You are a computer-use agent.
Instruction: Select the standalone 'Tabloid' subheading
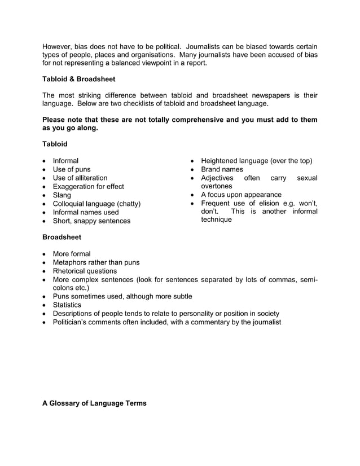click(55, 144)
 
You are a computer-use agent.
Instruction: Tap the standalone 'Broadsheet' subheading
click(62, 237)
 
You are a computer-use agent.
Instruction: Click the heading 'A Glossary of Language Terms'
click(94, 403)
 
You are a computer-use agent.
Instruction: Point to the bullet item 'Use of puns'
click(72, 169)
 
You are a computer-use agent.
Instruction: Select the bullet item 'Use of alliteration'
click(80, 178)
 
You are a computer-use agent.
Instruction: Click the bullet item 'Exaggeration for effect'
click(88, 187)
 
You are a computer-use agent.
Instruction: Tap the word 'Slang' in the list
click(62, 195)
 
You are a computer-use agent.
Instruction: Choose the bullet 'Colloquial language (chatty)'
click(96, 204)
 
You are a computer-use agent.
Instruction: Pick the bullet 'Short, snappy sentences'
click(91, 221)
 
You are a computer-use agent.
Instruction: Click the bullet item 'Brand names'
click(222, 169)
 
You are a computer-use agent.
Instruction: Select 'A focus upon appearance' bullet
click(241, 195)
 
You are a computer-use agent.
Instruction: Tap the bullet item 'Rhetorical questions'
click(85, 271)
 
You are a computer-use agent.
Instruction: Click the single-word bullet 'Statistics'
click(68, 305)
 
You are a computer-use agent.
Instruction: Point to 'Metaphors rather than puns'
click(96, 262)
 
